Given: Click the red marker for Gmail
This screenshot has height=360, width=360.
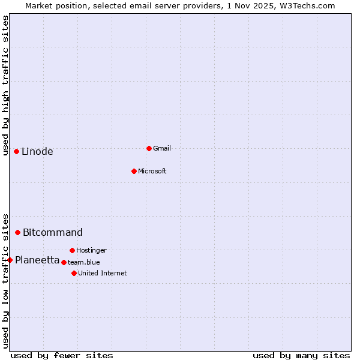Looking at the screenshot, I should coord(149,148).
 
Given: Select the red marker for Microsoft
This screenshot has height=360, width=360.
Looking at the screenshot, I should coord(134,171).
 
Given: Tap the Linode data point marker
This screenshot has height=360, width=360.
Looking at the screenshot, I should coord(16,151).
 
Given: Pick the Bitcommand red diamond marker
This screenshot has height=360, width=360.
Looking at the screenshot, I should coord(18,232).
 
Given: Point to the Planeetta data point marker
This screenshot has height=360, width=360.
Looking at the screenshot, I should coord(10,260).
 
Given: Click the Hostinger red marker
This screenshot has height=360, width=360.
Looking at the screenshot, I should coord(72,250).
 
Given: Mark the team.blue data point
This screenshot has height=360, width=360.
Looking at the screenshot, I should coord(64,262).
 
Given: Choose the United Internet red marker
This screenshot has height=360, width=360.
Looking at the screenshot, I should coord(74,273).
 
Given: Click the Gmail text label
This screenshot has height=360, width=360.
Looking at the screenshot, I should coord(162,148).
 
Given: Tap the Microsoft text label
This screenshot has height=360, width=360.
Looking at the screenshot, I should coord(152,171).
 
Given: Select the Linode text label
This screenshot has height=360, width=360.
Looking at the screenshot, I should coord(37,151).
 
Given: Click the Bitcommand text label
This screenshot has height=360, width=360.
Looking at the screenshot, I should coord(53,232).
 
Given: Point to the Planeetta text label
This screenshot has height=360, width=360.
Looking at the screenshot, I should coord(37,260).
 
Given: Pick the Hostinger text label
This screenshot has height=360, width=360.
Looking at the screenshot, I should coord(91,250).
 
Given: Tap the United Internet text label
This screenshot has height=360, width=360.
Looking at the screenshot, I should coord(103,273).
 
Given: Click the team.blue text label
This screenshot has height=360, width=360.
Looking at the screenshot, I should coord(84,262).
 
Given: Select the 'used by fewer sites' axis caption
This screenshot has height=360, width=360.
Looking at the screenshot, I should coord(62,355).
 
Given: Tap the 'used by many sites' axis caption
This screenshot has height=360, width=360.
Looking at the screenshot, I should coord(301,355).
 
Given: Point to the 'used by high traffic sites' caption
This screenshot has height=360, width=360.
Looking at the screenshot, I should coord(5,85).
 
